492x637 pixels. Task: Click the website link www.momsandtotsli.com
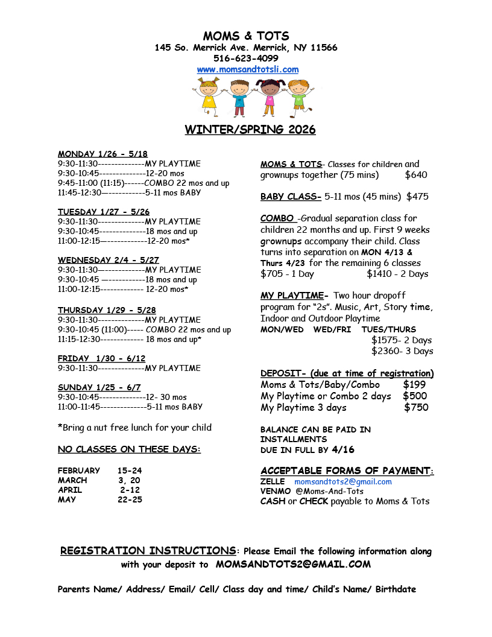pos(247,69)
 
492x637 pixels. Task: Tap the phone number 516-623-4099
pos(246,59)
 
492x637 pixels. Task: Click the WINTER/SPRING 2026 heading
pos(250,130)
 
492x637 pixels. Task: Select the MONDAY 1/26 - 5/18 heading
pos(102,154)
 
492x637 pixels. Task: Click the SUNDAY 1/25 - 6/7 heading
pos(99,387)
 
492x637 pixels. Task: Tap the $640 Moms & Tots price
pos(416,175)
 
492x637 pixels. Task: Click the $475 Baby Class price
pos(417,197)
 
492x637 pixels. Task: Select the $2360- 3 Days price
pos(402,351)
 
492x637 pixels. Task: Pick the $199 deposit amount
pos(414,385)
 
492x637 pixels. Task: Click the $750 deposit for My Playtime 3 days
pos(416,407)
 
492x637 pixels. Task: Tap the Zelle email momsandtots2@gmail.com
pos(342,482)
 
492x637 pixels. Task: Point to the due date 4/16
pos(343,450)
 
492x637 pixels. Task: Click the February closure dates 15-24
pos(130,471)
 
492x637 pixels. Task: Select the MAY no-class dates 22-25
pos(130,499)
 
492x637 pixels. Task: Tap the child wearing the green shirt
pos(298,97)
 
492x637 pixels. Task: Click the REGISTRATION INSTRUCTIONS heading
pos(148,551)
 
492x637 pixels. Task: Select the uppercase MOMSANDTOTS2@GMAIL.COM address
pos(293,565)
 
